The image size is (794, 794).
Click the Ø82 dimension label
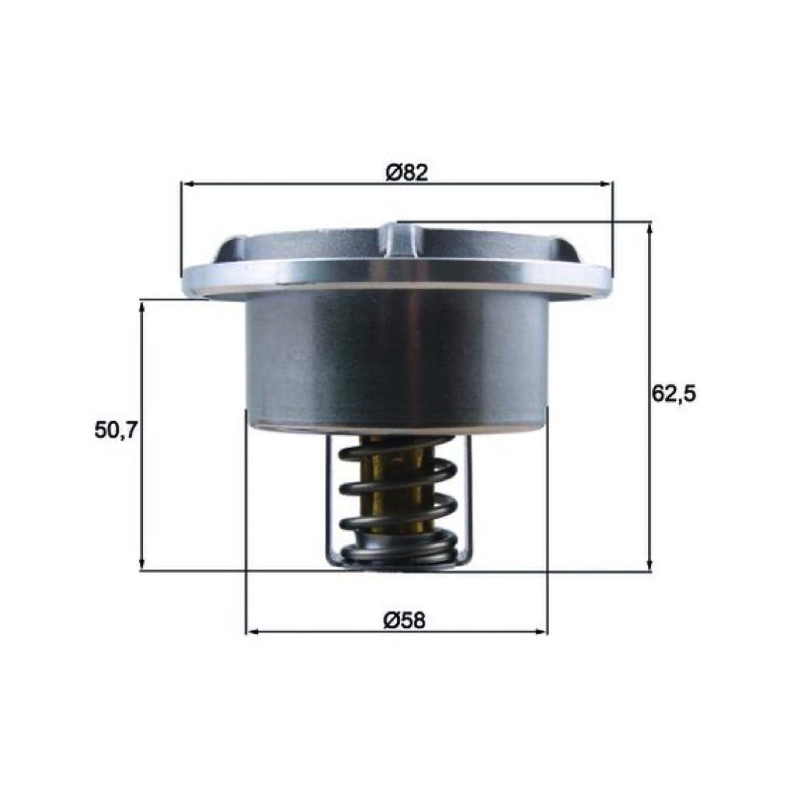point(407,173)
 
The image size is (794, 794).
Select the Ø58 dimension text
point(404,620)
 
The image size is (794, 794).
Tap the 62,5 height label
point(674,393)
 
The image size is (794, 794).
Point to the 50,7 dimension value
point(116,431)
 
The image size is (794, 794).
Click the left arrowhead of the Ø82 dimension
point(188,185)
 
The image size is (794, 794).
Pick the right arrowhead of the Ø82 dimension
point(606,185)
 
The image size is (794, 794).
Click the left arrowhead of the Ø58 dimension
point(252,631)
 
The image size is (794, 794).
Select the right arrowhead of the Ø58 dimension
point(541,631)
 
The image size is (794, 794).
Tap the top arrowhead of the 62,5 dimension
point(650,229)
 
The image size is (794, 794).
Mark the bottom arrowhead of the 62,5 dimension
point(650,564)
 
